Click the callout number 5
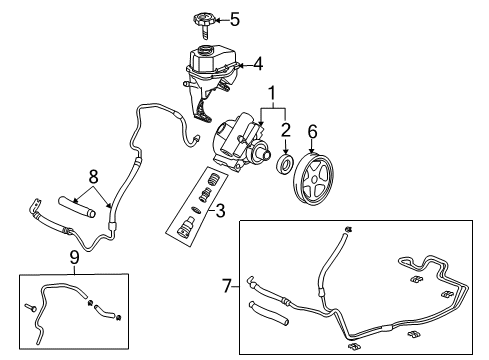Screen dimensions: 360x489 coord(235,18)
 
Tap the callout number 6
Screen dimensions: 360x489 coord(312,131)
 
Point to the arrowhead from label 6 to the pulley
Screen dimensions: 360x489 coord(312,145)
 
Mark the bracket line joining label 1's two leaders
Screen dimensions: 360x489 coord(271,108)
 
